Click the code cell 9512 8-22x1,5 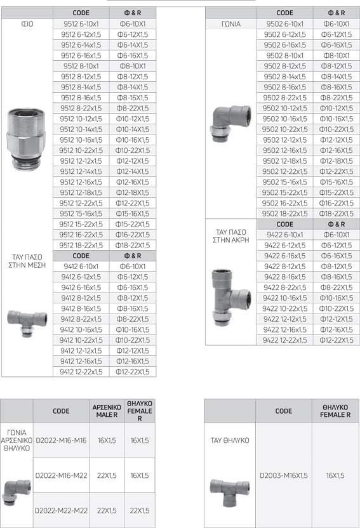click(81, 108)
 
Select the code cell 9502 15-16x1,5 click(284, 182)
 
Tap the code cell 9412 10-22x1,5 click(81, 340)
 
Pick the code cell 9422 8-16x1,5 click(284, 277)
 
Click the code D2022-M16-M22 click(62, 475)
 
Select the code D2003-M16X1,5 click(284, 475)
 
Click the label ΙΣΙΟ click(27, 24)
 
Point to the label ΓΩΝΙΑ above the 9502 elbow click(231, 24)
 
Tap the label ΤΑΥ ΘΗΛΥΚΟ click(230, 440)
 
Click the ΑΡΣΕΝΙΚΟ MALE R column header click(107, 411)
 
